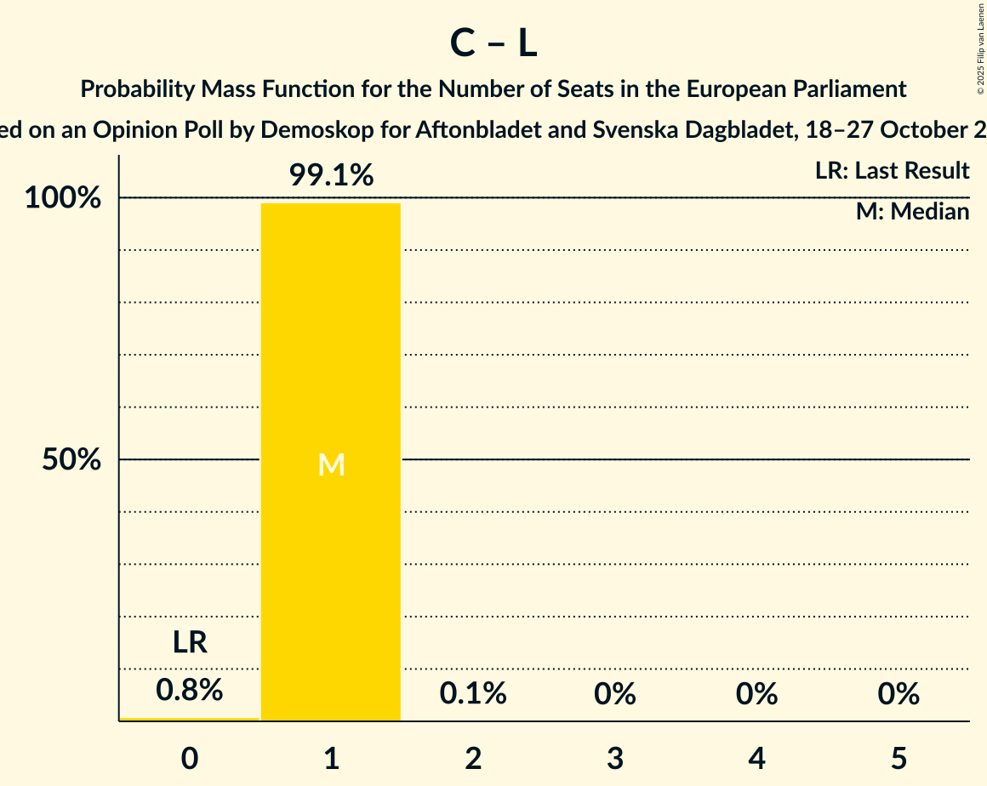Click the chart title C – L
tap(493, 44)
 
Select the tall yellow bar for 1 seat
tap(331, 553)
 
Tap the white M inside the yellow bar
tap(331, 464)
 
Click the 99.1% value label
tap(331, 176)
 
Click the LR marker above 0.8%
tap(190, 643)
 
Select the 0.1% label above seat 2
tap(473, 694)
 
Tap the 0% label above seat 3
tap(615, 694)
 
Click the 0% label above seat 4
tap(757, 694)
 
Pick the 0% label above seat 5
tap(899, 694)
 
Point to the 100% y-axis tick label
tap(63, 198)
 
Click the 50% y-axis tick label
tap(71, 460)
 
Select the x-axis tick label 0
tap(190, 758)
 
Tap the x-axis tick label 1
tap(331, 758)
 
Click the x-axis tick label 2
tap(473, 758)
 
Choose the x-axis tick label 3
tap(615, 758)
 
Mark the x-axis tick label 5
tap(899, 758)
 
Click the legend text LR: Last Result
tap(892, 171)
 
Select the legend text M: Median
tap(912, 212)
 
